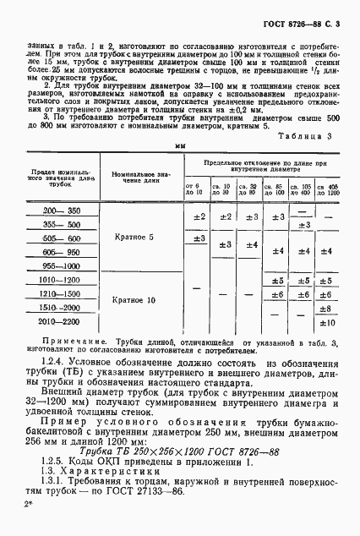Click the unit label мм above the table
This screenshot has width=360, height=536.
pyautogui.click(x=180, y=145)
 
